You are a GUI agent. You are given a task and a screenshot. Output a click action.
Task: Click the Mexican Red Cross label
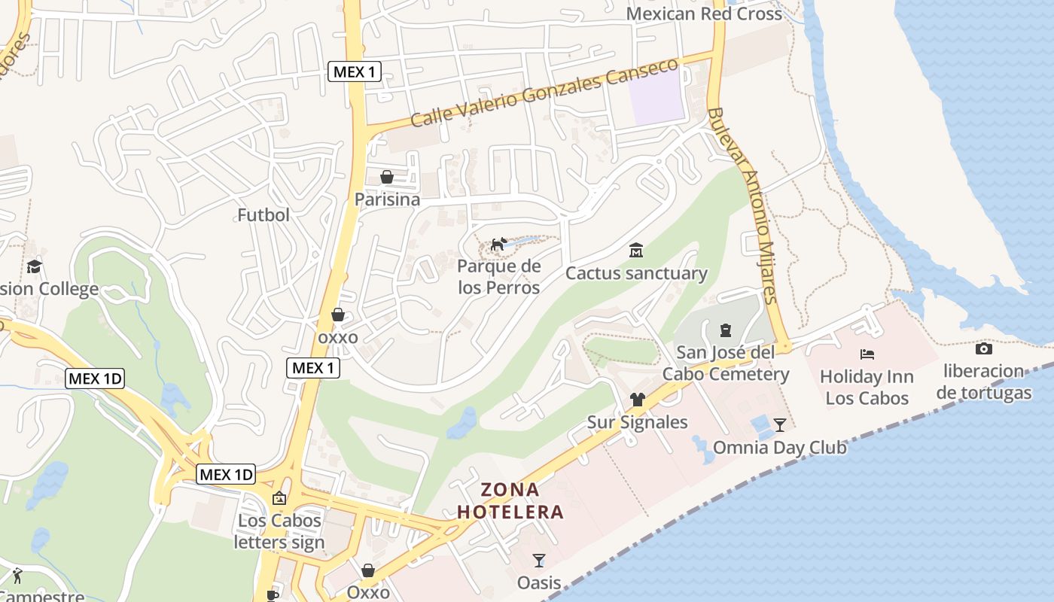pos(704,14)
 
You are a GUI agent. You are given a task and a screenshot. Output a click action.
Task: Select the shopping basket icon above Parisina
pos(387,177)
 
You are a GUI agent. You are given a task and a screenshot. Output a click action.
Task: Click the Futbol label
pos(263,215)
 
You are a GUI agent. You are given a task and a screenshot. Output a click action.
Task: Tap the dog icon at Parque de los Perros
pos(498,244)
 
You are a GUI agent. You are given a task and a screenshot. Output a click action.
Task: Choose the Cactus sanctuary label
pos(636,273)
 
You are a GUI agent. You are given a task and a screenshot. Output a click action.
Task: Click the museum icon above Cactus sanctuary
pos(636,249)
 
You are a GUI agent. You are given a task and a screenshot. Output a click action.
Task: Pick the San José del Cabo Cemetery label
pos(726,363)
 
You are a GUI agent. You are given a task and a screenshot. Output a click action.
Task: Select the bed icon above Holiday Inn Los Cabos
pos(867,354)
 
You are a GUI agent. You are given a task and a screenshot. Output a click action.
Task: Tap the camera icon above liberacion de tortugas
pos(983,348)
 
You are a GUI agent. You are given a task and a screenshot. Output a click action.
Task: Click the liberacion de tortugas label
pos(984,382)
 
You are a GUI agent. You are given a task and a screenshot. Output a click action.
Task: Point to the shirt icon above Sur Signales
pos(638,400)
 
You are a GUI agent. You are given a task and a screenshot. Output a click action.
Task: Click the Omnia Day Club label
pos(779,448)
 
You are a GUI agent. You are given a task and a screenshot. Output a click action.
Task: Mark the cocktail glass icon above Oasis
pos(539,560)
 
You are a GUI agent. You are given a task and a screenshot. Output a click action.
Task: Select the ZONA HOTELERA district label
pos(510,501)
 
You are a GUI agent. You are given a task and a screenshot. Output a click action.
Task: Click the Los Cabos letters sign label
pos(279,531)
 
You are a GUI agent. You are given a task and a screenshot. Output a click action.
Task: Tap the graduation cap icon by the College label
pos(34,266)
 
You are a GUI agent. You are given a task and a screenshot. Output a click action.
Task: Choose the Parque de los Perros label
pos(499,277)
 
